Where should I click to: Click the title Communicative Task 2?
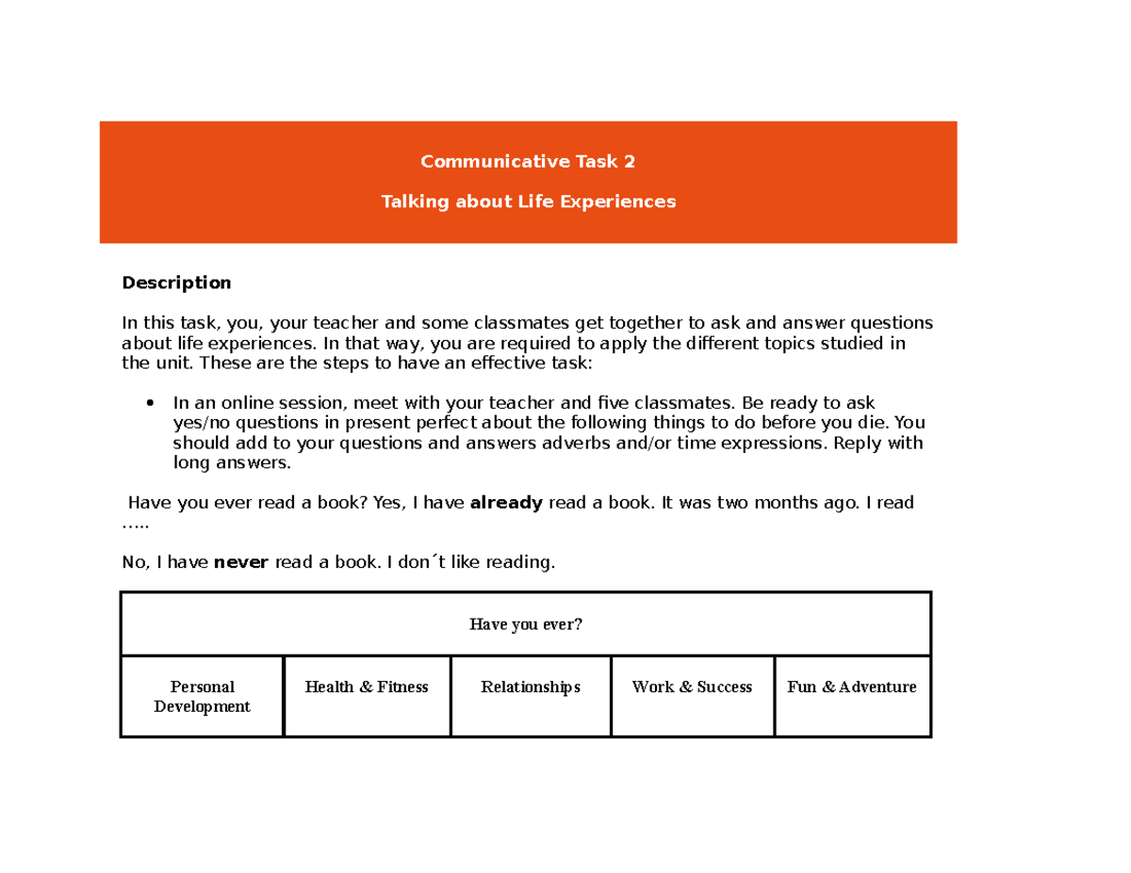pyautogui.click(x=528, y=162)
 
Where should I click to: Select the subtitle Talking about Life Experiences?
pyautogui.click(x=528, y=202)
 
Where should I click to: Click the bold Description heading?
pyautogui.click(x=176, y=283)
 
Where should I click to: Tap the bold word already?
pyautogui.click(x=506, y=503)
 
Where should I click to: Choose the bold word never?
pyautogui.click(x=241, y=563)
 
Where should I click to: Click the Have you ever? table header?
pyautogui.click(x=526, y=624)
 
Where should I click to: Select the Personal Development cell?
pyautogui.click(x=202, y=697)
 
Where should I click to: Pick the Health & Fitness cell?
pyautogui.click(x=367, y=687)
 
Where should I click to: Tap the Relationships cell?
pyautogui.click(x=531, y=687)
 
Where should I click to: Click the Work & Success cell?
pyautogui.click(x=692, y=687)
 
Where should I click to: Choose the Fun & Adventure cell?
pyautogui.click(x=852, y=687)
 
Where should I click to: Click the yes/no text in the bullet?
pyautogui.click(x=201, y=424)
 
